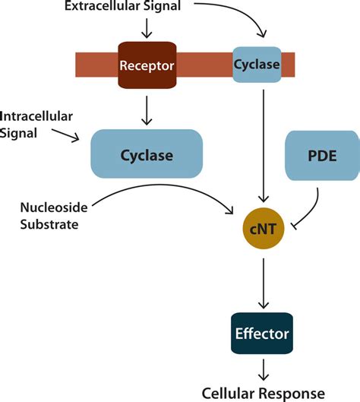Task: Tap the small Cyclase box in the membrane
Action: (256, 65)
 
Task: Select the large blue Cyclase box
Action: (147, 155)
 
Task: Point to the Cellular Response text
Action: (264, 392)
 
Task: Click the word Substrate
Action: (50, 226)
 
